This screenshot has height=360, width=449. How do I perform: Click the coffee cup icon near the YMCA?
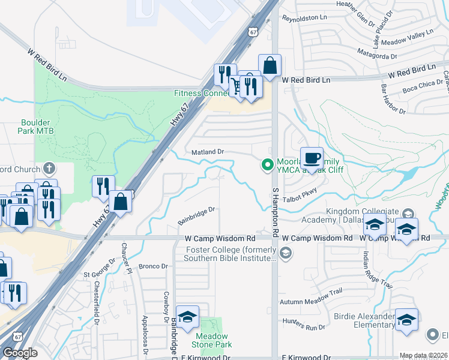coord(311,158)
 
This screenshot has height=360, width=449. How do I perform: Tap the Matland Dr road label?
coord(207,152)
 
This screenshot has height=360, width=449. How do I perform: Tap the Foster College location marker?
coord(286,252)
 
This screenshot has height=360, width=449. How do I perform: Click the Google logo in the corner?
coord(20,352)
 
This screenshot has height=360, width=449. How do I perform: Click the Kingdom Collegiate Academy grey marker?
coord(408,213)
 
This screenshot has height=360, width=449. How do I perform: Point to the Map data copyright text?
coord(423,355)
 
